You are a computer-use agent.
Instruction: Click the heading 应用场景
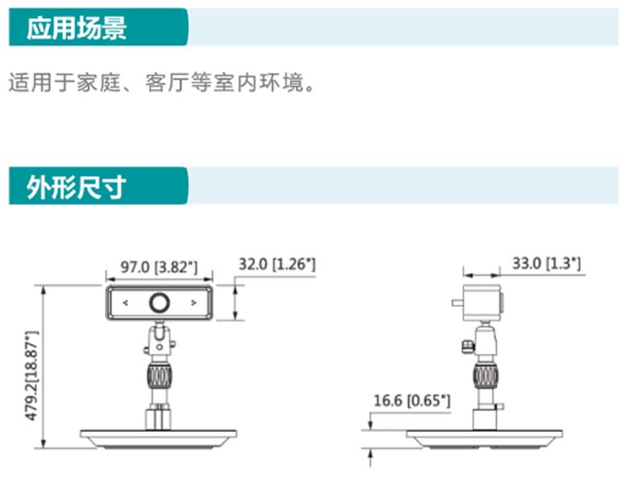(x=76, y=27)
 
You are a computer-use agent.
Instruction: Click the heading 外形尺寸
(x=76, y=187)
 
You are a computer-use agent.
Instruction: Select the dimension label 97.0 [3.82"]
(x=159, y=267)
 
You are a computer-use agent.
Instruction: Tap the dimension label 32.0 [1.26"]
(x=277, y=264)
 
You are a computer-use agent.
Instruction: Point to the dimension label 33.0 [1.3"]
(x=547, y=264)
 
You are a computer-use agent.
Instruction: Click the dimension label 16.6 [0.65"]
(x=412, y=401)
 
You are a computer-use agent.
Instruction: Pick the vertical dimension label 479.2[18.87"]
(x=32, y=376)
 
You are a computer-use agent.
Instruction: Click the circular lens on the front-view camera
(x=159, y=303)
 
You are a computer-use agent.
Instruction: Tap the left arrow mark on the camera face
(x=126, y=303)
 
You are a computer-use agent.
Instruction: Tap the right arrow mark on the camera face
(x=193, y=303)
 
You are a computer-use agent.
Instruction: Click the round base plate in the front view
(x=158, y=439)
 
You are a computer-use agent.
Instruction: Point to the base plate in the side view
(x=485, y=439)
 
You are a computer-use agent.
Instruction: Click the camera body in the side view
(x=481, y=302)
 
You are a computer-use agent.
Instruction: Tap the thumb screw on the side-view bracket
(x=468, y=347)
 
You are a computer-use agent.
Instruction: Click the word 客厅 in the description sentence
(x=167, y=82)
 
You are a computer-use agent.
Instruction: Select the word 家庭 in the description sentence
(x=98, y=82)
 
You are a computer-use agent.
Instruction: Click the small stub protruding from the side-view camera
(x=457, y=303)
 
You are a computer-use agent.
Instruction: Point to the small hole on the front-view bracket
(x=159, y=347)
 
